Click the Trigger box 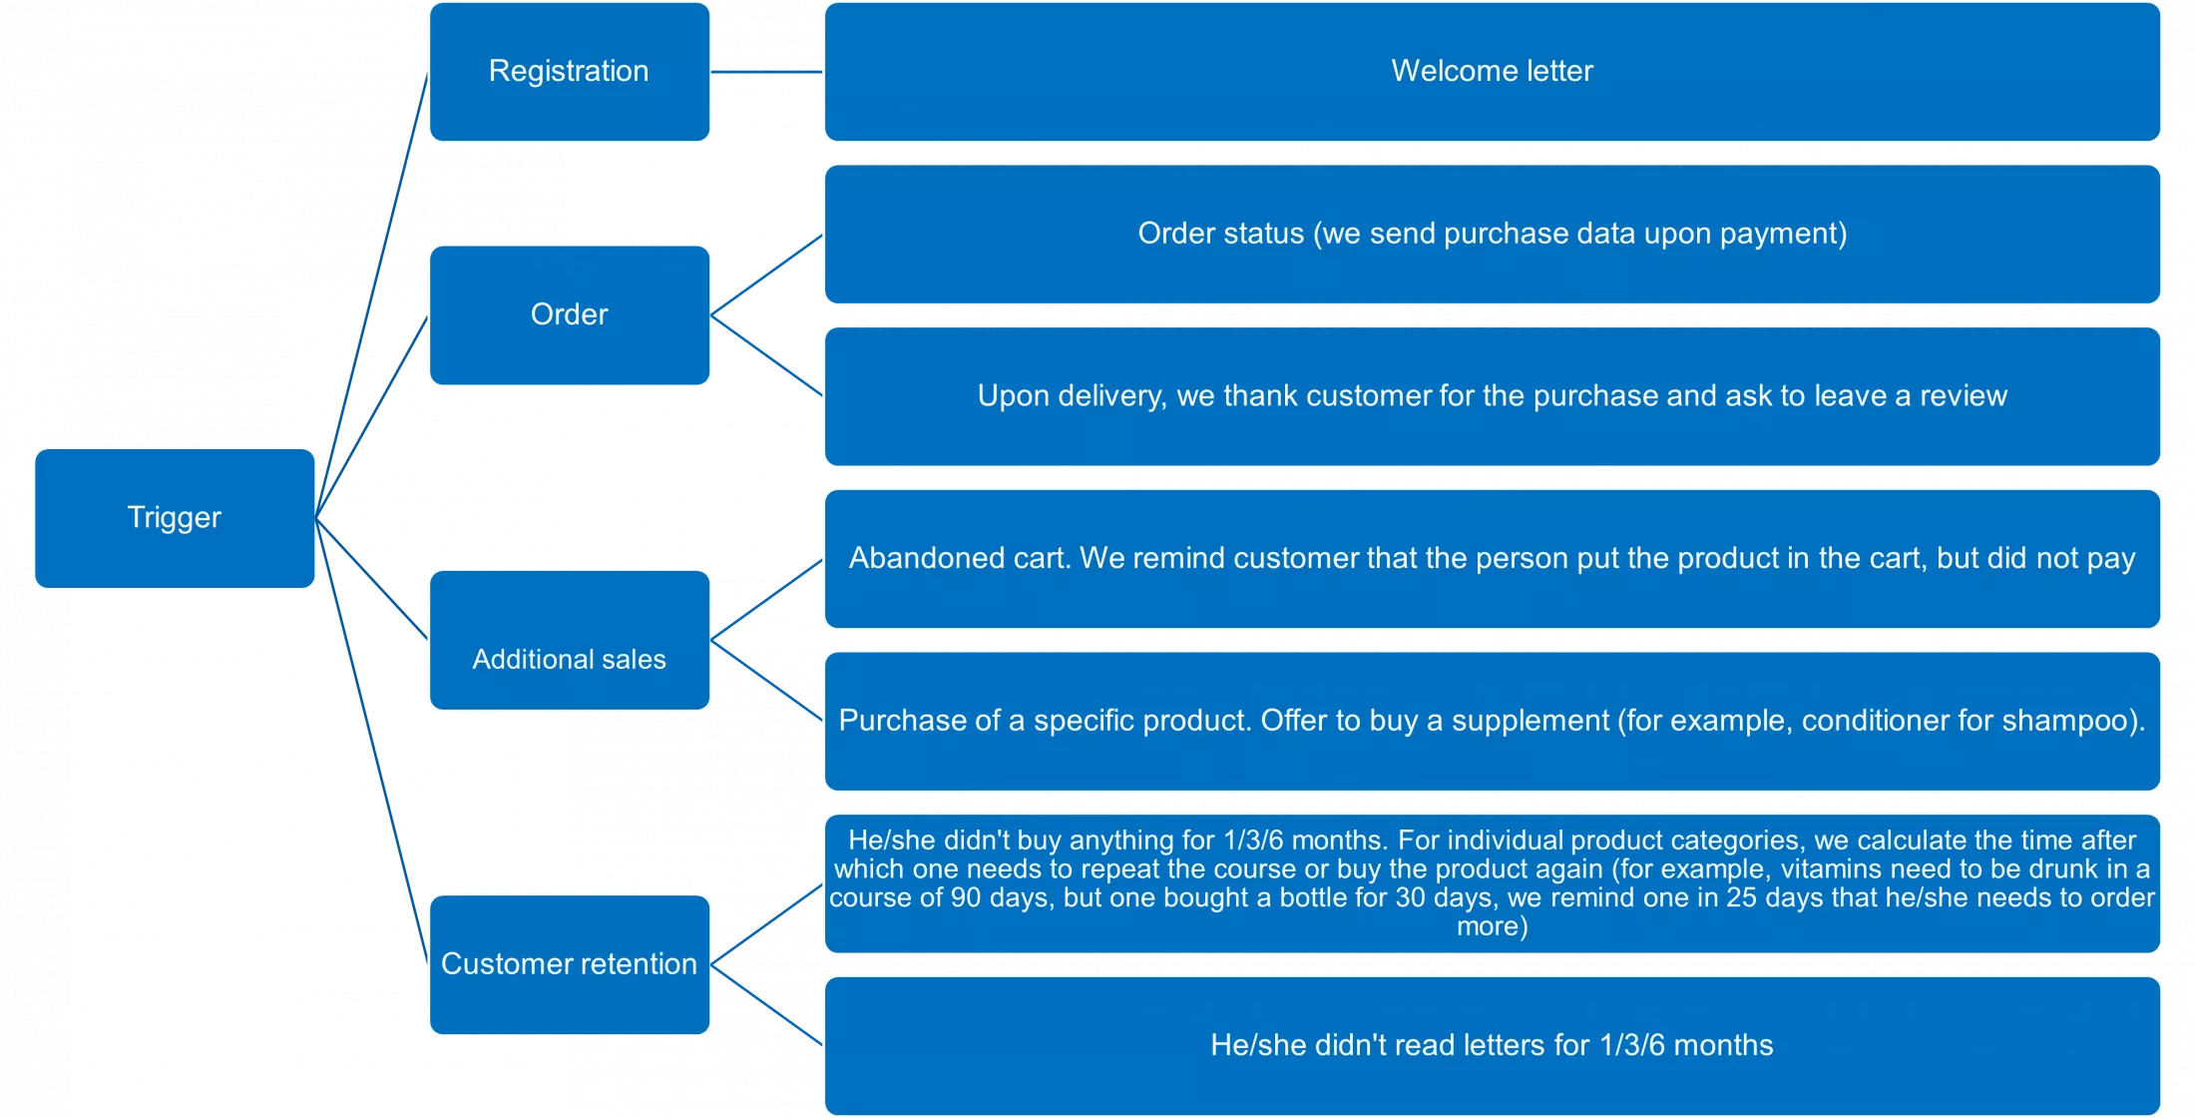[x=175, y=518]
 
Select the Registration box [x=570, y=72]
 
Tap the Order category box [x=570, y=315]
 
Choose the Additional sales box [x=570, y=640]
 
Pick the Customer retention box [x=570, y=964]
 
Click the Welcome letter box [x=1493, y=72]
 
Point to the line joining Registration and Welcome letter [x=766, y=72]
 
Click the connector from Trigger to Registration [x=371, y=295]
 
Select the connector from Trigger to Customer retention [x=371, y=742]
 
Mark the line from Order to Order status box [x=766, y=276]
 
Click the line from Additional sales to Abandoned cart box [x=766, y=600]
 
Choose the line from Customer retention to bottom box [x=766, y=1005]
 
